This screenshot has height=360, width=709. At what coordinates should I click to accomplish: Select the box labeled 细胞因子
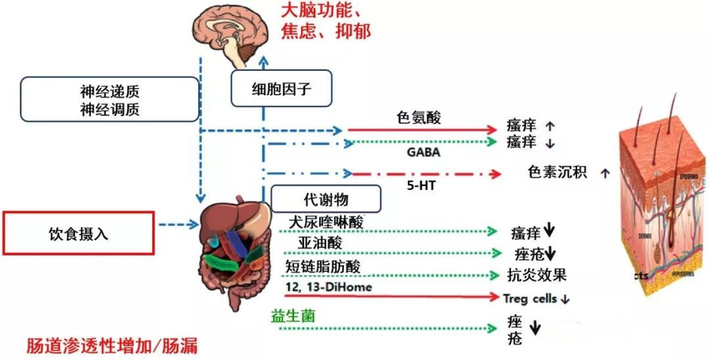281,89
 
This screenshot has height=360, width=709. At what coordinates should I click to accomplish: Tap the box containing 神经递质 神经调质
109,99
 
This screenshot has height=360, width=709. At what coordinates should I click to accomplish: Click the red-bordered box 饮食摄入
78,233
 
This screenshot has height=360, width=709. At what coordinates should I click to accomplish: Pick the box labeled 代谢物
325,198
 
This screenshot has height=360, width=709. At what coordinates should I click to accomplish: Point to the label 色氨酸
419,118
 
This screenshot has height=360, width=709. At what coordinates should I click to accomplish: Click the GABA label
423,152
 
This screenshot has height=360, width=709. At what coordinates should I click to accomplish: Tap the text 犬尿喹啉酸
326,221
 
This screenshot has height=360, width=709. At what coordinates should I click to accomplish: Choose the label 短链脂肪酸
323,265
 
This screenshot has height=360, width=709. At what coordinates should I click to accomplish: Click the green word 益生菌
293,315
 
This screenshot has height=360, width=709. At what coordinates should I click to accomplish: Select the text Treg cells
530,298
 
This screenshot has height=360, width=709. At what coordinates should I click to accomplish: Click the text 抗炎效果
537,275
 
